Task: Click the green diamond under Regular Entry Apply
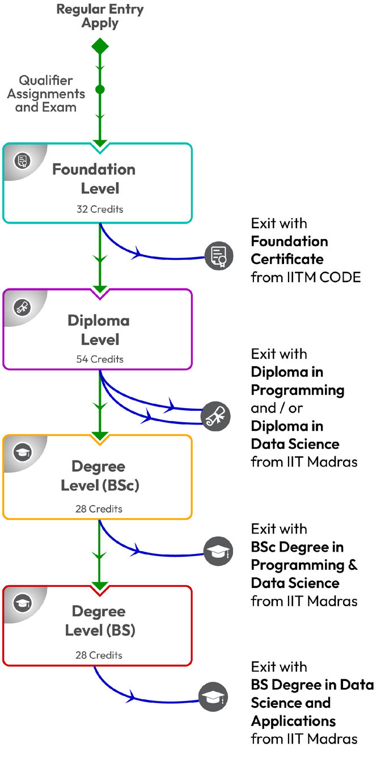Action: click(x=100, y=47)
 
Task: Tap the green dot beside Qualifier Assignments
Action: click(x=100, y=90)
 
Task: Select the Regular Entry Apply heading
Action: click(x=100, y=16)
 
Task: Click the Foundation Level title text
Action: click(x=94, y=178)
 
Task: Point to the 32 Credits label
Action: click(x=100, y=209)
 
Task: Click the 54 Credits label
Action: click(x=100, y=359)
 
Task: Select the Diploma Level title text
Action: click(x=99, y=330)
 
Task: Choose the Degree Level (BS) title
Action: click(x=100, y=621)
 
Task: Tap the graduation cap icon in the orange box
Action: click(x=23, y=452)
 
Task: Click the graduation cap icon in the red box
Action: click(x=23, y=603)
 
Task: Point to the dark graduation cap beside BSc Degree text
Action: click(x=218, y=551)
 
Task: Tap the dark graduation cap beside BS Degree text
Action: click(x=213, y=697)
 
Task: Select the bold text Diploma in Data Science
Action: click(x=295, y=435)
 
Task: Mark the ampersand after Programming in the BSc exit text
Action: click(x=353, y=565)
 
